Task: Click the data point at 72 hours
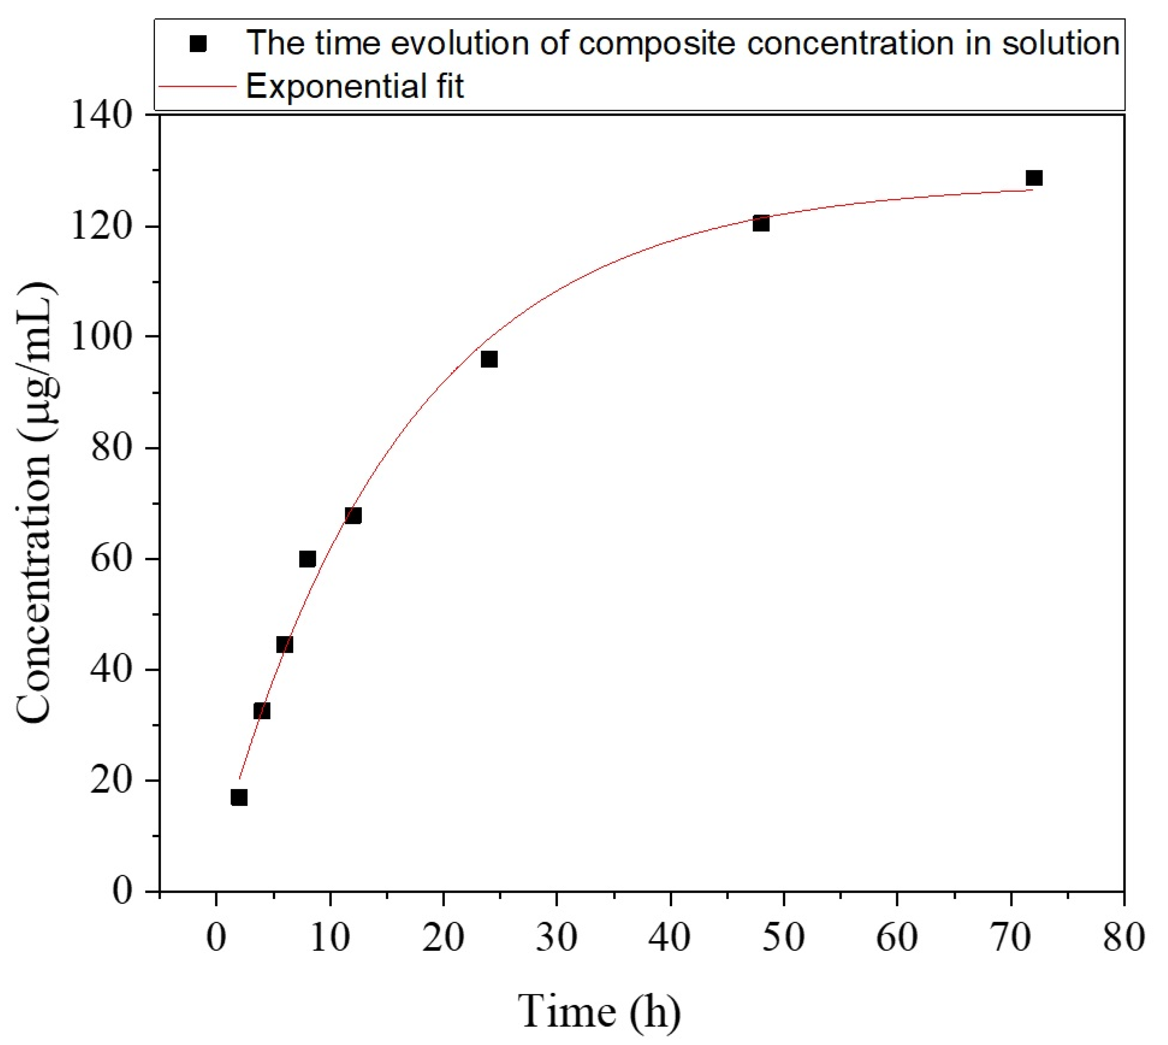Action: click(x=1034, y=178)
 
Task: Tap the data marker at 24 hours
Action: click(x=489, y=360)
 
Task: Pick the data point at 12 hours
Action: click(x=353, y=516)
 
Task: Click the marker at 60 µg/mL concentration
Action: click(x=308, y=559)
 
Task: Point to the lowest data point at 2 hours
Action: click(x=239, y=798)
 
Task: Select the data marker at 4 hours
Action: click(x=262, y=711)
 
